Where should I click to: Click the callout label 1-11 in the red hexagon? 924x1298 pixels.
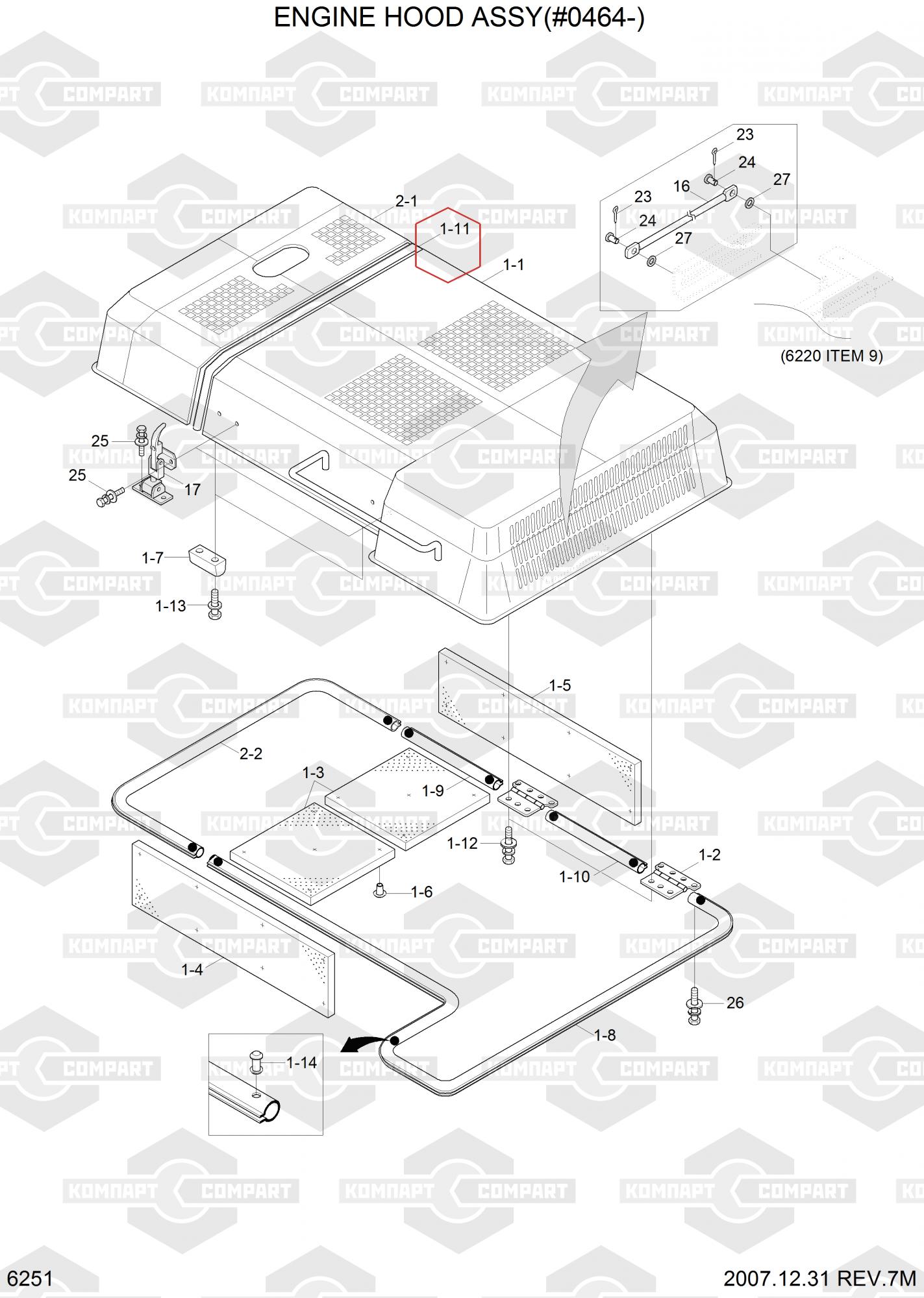(455, 229)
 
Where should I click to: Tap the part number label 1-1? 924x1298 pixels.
(514, 265)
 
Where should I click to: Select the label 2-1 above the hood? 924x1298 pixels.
(406, 201)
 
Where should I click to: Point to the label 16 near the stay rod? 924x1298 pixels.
(681, 186)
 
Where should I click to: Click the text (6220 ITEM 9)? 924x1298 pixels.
(831, 356)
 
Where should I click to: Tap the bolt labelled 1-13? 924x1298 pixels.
(214, 604)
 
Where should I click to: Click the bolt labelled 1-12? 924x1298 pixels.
(508, 844)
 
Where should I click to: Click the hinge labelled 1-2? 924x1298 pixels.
(671, 879)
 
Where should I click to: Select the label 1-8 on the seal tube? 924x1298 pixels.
(605, 1035)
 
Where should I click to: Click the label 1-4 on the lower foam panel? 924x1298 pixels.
(192, 970)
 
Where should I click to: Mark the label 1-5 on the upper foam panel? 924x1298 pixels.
(560, 685)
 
